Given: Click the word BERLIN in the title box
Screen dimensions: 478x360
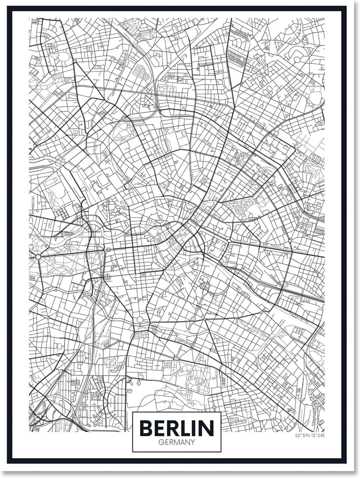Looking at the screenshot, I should tap(176, 428).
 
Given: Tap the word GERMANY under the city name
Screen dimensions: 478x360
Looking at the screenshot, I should tap(176, 442).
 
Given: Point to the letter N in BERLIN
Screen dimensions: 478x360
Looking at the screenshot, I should tap(206, 428).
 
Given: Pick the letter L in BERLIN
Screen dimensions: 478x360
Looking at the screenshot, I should tap(183, 428).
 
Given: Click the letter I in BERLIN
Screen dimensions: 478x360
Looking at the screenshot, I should tap(194, 428).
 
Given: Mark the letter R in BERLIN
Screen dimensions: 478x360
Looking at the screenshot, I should tap(171, 428).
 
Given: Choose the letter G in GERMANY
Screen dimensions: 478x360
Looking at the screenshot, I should tap(160, 442).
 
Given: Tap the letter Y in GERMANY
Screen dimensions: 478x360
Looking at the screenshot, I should tap(193, 442).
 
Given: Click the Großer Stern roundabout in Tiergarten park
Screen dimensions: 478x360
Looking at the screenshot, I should tap(38, 257).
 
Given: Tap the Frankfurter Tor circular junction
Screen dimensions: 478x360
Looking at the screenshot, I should tap(289, 242).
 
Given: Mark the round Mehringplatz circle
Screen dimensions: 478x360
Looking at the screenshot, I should tap(140, 320).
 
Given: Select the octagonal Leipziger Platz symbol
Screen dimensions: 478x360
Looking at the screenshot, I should tap(107, 276).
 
